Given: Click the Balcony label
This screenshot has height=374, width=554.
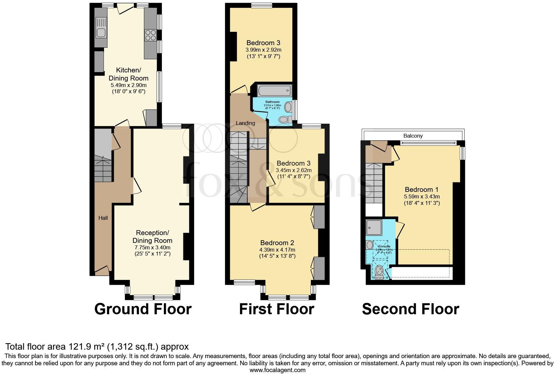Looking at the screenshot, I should click(413, 136).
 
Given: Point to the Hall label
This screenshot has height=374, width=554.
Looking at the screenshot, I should click(103, 218).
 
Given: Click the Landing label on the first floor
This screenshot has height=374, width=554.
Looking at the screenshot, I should click(245, 123).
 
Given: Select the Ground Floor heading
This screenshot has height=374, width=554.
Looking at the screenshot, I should click(143, 309).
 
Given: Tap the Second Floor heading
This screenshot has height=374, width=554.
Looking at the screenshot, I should click(410, 309).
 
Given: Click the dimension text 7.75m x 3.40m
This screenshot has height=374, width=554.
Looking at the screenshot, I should click(152, 247).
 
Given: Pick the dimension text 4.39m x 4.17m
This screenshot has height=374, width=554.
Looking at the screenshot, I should click(277, 250).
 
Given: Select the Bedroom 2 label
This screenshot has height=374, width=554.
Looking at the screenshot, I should click(277, 243).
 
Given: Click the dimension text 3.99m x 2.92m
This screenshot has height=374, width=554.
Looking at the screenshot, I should click(263, 50).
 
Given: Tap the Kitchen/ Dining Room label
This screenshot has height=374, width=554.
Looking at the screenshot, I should click(128, 74).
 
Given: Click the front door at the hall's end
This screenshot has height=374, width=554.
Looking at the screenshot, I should click(102, 271).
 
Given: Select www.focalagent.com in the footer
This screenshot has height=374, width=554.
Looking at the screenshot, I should click(277, 370).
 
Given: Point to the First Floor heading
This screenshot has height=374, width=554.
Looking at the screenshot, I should click(276, 309).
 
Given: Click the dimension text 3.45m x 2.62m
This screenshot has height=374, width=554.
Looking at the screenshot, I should click(293, 170).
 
